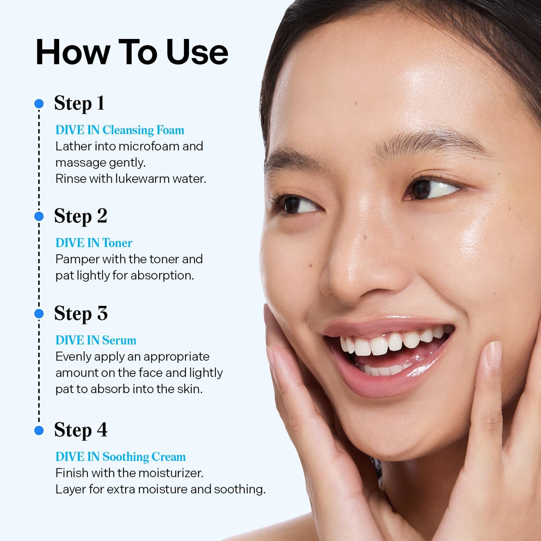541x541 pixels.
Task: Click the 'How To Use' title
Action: tap(131, 52)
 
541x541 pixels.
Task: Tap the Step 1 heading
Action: tap(79, 103)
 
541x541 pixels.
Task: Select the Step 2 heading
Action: tap(80, 216)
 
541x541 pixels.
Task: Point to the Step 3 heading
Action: tap(81, 313)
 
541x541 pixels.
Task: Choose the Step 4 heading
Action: tap(81, 430)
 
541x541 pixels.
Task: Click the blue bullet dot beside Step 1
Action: tap(39, 104)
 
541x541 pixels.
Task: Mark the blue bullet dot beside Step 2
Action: tap(39, 216)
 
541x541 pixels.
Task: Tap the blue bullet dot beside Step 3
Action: tap(39, 314)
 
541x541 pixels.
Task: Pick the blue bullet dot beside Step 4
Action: tap(39, 431)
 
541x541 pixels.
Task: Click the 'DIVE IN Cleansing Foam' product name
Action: tap(120, 130)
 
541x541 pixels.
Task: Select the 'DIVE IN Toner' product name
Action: tap(94, 243)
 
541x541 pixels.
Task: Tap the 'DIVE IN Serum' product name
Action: tap(96, 340)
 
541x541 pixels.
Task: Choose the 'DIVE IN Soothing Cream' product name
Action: tap(121, 457)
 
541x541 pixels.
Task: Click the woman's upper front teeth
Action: tap(379, 346)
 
